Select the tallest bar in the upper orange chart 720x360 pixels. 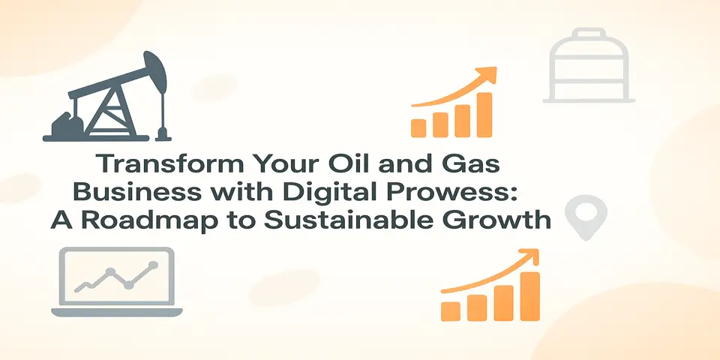point(484,114)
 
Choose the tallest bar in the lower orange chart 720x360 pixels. point(530,295)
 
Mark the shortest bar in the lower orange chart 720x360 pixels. point(451,310)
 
